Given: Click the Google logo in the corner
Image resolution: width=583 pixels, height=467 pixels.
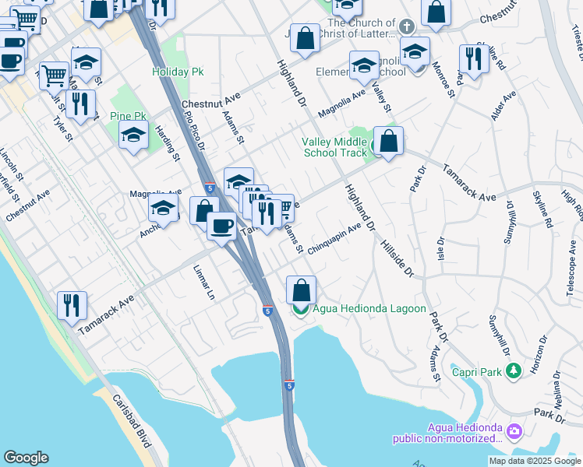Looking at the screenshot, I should pyautogui.click(x=26, y=458).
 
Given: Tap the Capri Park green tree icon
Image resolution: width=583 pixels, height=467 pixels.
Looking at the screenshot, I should pyautogui.click(x=512, y=372).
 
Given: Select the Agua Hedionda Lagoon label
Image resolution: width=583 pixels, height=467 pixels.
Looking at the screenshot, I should pyautogui.click(x=369, y=309).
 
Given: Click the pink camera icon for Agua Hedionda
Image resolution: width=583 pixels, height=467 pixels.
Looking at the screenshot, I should pyautogui.click(x=514, y=431).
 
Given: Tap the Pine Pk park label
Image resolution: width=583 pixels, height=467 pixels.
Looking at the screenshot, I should pyautogui.click(x=127, y=116).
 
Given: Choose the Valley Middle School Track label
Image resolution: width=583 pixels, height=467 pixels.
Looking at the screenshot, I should pyautogui.click(x=335, y=147).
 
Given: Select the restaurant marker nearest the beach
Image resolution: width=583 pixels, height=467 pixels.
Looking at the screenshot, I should pyautogui.click(x=72, y=305).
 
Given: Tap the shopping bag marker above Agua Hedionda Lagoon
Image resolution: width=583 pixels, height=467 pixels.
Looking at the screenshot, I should pyautogui.click(x=302, y=290).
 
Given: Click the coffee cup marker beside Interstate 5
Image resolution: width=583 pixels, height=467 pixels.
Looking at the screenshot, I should pyautogui.click(x=221, y=226).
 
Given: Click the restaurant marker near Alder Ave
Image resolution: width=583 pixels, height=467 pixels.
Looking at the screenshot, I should pyautogui.click(x=473, y=58).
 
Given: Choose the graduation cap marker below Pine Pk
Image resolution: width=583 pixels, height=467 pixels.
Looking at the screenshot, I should pyautogui.click(x=133, y=135).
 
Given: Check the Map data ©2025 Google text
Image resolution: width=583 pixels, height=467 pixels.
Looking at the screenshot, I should pyautogui.click(x=535, y=461).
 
